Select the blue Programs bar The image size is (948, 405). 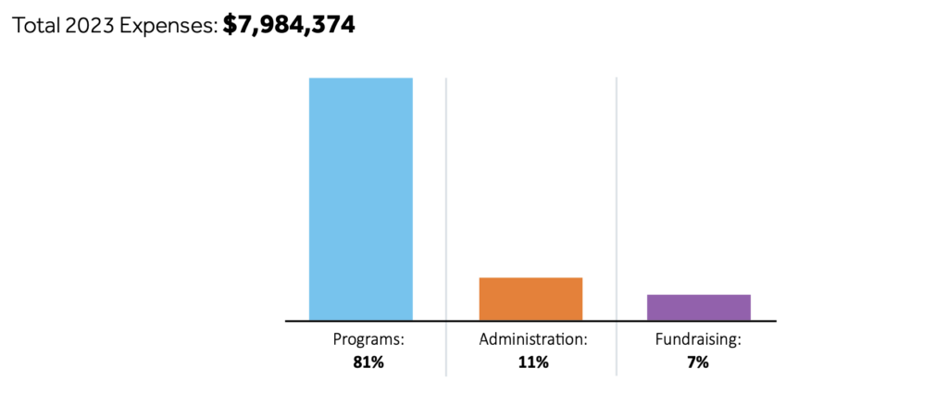tap(360, 199)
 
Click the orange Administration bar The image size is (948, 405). tap(530, 299)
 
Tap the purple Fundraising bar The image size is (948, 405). tap(699, 307)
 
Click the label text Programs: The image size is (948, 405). tap(368, 339)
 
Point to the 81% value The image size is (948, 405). tap(368, 362)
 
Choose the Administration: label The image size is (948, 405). tap(533, 339)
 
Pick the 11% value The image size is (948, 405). tap(533, 362)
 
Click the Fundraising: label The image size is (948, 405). tap(698, 339)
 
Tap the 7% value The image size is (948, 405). tap(698, 362)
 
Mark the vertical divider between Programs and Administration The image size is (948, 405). tap(446, 203)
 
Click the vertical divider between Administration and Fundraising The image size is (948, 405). tap(617, 203)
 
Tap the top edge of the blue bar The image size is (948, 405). tap(360, 79)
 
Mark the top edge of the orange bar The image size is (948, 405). tap(530, 278)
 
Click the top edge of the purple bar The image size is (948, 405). tap(699, 295)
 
